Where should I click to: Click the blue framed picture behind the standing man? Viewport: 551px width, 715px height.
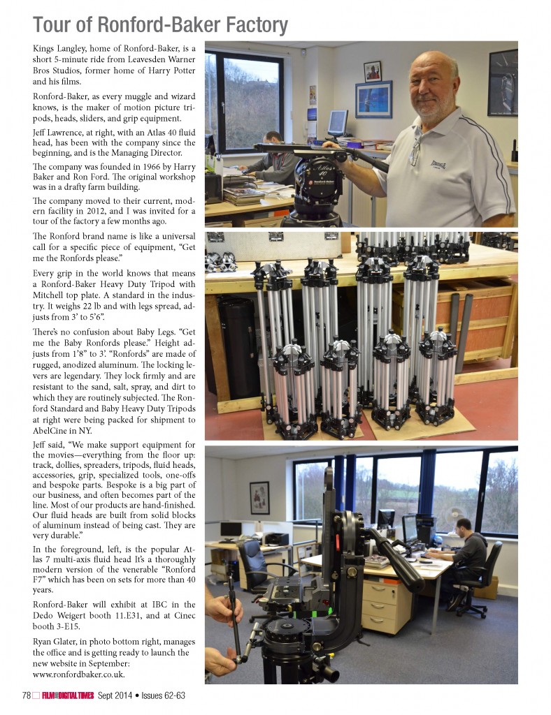pyautogui.click(x=373, y=98)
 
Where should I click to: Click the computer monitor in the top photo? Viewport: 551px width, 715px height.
pyautogui.click(x=338, y=123)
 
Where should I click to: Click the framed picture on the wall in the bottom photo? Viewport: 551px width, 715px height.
pyautogui.click(x=259, y=497)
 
